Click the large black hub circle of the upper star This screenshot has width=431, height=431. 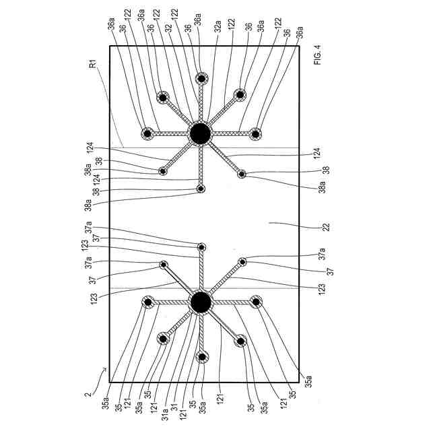[199, 133]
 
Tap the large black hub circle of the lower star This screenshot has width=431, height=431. [199, 303]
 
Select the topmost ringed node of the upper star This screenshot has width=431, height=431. [201, 79]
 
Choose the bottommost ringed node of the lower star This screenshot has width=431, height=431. [201, 357]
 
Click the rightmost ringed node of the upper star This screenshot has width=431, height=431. [255, 134]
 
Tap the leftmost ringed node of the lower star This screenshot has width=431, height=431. [147, 302]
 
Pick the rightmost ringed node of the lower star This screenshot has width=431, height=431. [255, 302]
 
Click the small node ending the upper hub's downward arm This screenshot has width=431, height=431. [201, 189]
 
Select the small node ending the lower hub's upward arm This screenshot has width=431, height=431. [201, 246]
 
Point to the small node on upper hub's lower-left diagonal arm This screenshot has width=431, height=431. [163, 171]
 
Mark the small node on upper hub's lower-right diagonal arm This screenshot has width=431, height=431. [242, 174]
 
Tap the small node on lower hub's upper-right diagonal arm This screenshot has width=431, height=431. [242, 261]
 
